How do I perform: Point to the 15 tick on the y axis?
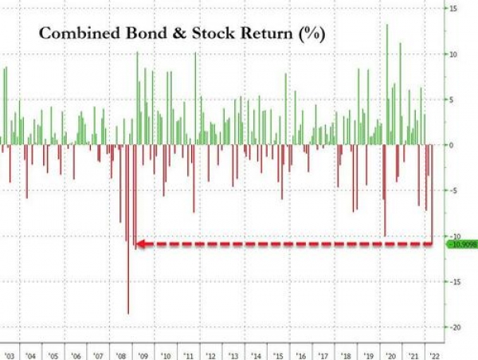(x=453, y=9)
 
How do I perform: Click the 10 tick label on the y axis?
(x=453, y=54)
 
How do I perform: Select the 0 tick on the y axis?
(x=451, y=145)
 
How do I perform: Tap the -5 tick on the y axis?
(x=453, y=190)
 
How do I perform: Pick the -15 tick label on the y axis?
(x=453, y=281)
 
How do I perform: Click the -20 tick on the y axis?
(x=453, y=327)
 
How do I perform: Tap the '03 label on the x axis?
(x=9, y=355)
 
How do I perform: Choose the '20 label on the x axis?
(x=391, y=355)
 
